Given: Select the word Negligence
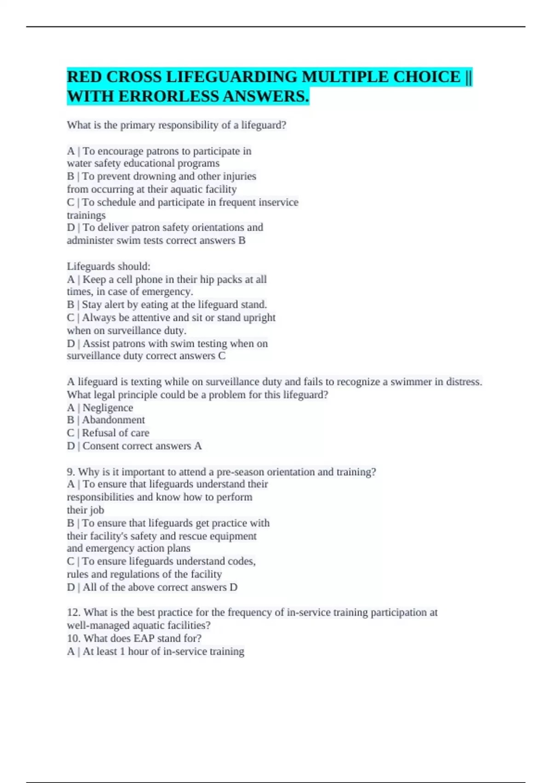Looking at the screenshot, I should click(108, 408).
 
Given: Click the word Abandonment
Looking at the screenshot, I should click(113, 420).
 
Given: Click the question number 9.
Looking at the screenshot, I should click(71, 472).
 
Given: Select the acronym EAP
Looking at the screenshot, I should click(144, 638).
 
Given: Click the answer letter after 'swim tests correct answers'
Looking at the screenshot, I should click(241, 240).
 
